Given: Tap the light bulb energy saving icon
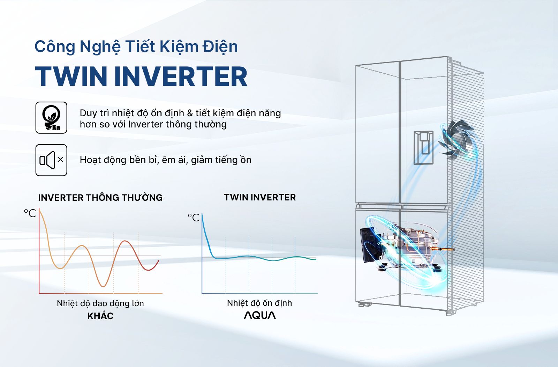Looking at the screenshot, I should pyautogui.click(x=51, y=118).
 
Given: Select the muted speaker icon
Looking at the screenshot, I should pyautogui.click(x=51, y=160).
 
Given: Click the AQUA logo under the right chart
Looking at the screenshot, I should pyautogui.click(x=259, y=315).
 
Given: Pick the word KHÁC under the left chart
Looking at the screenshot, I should pyautogui.click(x=100, y=316).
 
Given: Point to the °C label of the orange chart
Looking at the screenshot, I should pyautogui.click(x=30, y=213).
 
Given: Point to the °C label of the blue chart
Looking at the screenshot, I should pyautogui.click(x=194, y=218).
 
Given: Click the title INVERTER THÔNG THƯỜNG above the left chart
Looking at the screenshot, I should pyautogui.click(x=100, y=198).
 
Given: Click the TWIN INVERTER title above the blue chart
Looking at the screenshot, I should pyautogui.click(x=259, y=197).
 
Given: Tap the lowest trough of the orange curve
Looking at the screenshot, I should pyautogui.click(x=103, y=286).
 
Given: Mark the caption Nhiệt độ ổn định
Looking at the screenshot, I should pyautogui.click(x=259, y=303).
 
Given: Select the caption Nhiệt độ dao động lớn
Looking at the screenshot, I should pyautogui.click(x=100, y=303).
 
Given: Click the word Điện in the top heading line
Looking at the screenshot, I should pyautogui.click(x=220, y=47).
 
